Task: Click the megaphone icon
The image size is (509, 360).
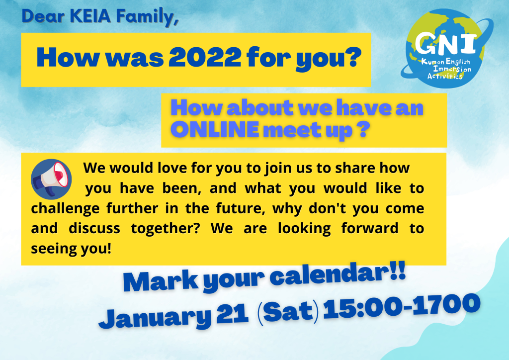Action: (x=51, y=179)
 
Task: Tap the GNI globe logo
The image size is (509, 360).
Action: (x=447, y=48)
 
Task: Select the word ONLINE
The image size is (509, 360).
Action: (x=215, y=129)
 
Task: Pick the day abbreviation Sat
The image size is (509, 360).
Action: (x=288, y=312)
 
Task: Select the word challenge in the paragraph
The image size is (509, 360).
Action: (x=65, y=209)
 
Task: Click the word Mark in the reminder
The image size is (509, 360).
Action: (x=161, y=282)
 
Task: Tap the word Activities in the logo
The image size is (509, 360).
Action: (x=445, y=76)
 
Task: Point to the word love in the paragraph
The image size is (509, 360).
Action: (x=171, y=168)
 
